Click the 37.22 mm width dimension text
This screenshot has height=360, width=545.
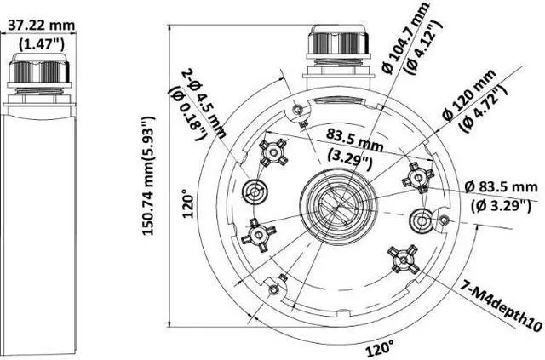pos(41,25)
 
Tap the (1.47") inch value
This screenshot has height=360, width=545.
pos(42,43)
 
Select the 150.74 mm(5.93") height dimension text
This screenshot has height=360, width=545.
pos(148,176)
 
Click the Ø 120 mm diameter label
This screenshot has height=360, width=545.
pos(468,94)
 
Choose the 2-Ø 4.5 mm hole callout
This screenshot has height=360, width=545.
pos(204,103)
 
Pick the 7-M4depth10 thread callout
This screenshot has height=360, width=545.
pos(502,306)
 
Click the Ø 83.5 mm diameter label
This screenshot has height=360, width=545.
pos(501,187)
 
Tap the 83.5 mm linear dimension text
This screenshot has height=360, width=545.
pos(354,140)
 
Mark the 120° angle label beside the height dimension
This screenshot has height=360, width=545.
pos(188,206)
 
